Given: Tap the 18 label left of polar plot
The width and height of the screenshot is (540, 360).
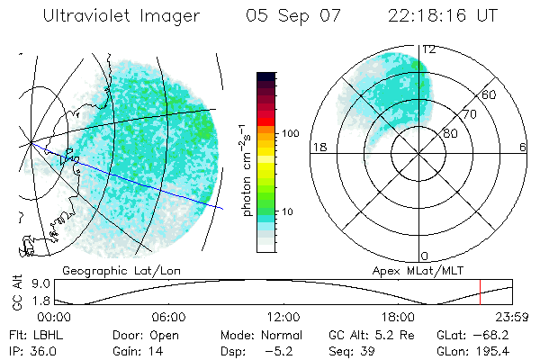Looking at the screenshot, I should click(x=319, y=148).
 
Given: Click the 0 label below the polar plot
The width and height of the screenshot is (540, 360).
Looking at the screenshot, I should click(x=425, y=256).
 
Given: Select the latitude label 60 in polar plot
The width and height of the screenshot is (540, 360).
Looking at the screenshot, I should click(x=490, y=94).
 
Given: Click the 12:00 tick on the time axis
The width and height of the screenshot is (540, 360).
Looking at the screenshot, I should click(x=283, y=317).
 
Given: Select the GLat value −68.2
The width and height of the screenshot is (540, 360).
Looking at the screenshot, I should click(x=495, y=333).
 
